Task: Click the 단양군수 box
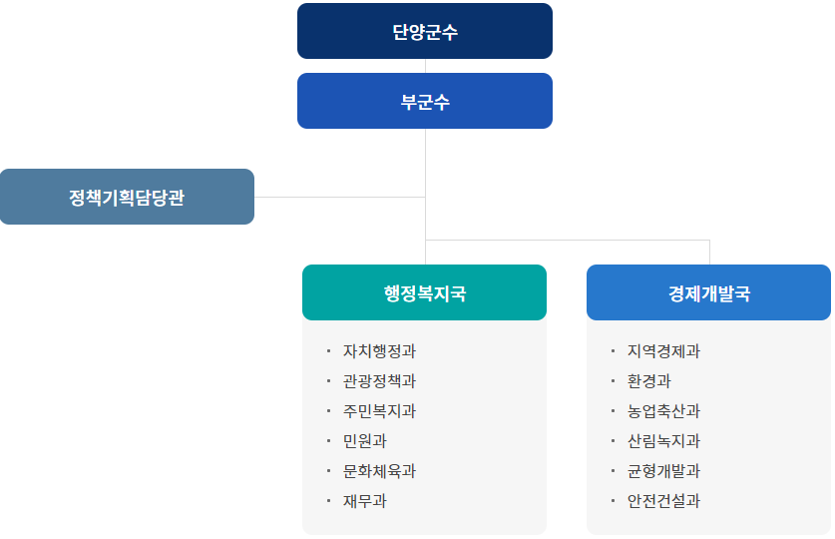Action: tap(424, 31)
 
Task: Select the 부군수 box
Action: tap(424, 101)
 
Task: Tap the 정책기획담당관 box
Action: tap(127, 197)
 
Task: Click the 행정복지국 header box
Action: tap(424, 292)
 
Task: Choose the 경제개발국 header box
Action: tap(708, 292)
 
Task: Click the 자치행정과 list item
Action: tap(379, 351)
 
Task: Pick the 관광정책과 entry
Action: tap(379, 381)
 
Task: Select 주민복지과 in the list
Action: tap(379, 411)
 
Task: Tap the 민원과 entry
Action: tap(364, 441)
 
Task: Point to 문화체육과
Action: tap(379, 471)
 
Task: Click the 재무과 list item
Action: tap(364, 501)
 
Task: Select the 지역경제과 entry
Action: tap(663, 351)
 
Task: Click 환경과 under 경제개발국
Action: tap(648, 381)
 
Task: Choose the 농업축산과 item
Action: tap(663, 411)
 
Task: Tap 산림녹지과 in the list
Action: tap(663, 441)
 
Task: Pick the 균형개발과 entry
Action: tap(663, 471)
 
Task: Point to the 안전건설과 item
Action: tap(663, 501)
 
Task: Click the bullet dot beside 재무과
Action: tap(328, 500)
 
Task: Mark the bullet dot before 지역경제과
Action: tap(613, 350)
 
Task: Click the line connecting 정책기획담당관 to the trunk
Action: tap(339, 197)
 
